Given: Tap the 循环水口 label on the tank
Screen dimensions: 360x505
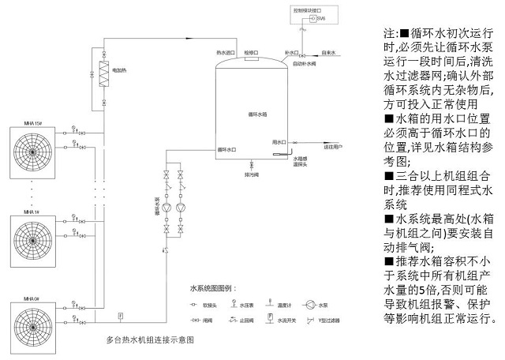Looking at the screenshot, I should (227, 148).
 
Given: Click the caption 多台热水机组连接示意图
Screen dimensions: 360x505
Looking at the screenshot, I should (150, 342).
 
